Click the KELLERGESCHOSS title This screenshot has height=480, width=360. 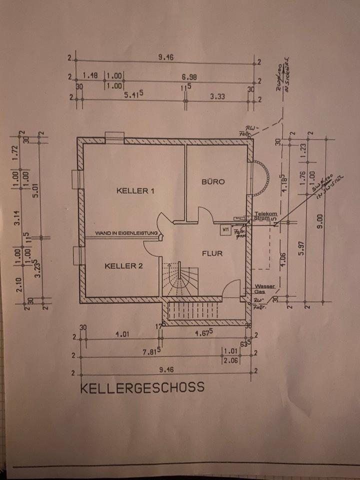(x=142, y=387)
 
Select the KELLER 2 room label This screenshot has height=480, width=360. (x=124, y=266)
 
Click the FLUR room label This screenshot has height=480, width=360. (x=212, y=253)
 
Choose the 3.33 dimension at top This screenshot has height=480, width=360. (x=217, y=96)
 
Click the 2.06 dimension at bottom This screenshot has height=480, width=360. (x=230, y=360)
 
